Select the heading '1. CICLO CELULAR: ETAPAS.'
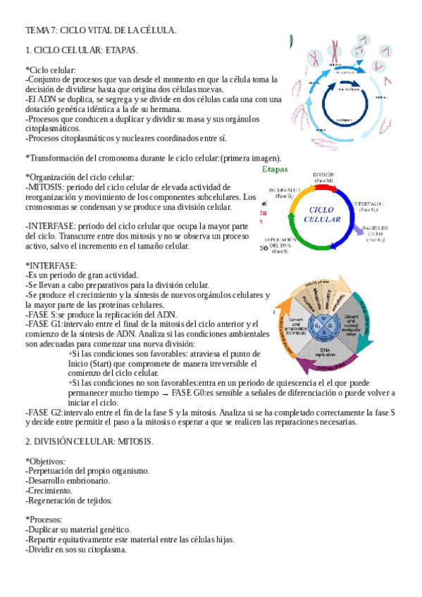coord(82,51)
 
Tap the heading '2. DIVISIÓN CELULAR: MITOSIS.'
coord(89,441)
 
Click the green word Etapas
coord(275,169)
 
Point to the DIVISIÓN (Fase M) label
coord(323,177)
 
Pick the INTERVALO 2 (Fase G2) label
coord(284,194)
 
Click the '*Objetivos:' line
coord(47,460)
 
